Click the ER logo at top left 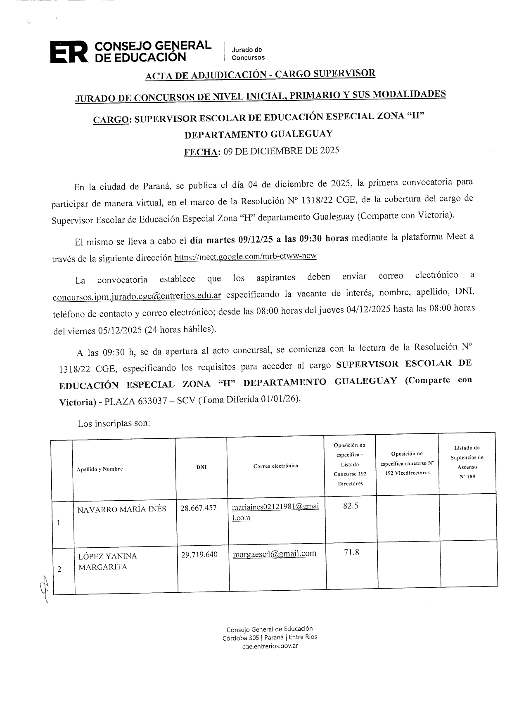tap(69, 52)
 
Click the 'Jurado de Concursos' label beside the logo tap(248, 54)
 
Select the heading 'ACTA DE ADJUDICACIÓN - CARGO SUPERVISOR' tap(260, 74)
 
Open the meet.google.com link tap(245, 257)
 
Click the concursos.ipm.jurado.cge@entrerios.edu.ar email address tap(137, 296)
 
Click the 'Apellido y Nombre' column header tap(100, 469)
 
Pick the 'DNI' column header tap(201, 467)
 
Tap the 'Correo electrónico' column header tap(275, 466)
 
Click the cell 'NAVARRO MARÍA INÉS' tap(122, 509)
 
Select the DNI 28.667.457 tap(198, 508)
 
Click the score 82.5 tap(351, 506)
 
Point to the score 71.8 tap(351, 552)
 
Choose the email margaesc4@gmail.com tap(275, 554)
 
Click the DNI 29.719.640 tap(199, 554)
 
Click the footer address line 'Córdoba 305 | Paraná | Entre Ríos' tap(270, 637)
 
